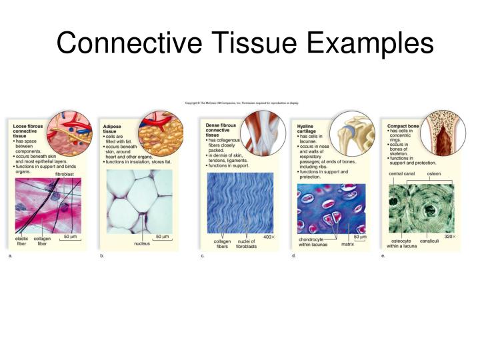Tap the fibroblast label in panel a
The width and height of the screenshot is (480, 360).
pyautogui.click(x=65, y=173)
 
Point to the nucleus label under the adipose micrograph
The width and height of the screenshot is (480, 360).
pyautogui.click(x=141, y=243)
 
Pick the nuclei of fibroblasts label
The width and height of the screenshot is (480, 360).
pyautogui.click(x=247, y=243)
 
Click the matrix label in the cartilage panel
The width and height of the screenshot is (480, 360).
pyautogui.click(x=347, y=244)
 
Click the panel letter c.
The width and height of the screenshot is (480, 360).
pyautogui.click(x=202, y=255)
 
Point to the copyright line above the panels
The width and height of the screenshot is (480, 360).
pyautogui.click(x=241, y=103)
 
